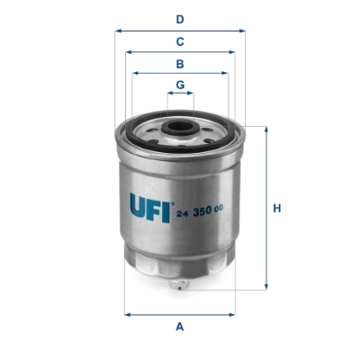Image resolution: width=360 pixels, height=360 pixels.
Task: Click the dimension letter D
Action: [180, 19]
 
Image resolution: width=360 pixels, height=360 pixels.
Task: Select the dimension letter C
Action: [180, 41]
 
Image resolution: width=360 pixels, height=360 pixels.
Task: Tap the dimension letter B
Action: [180, 64]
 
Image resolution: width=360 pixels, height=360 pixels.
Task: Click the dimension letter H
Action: [278, 209]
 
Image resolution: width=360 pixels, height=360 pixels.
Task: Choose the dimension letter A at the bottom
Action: [180, 326]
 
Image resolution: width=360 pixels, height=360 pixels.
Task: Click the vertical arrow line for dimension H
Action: [266, 234]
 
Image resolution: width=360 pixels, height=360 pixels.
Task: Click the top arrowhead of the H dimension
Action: [266, 130]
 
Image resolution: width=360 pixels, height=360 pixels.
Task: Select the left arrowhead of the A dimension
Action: [127, 314]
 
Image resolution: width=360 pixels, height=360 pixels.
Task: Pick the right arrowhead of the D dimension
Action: [242, 30]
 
